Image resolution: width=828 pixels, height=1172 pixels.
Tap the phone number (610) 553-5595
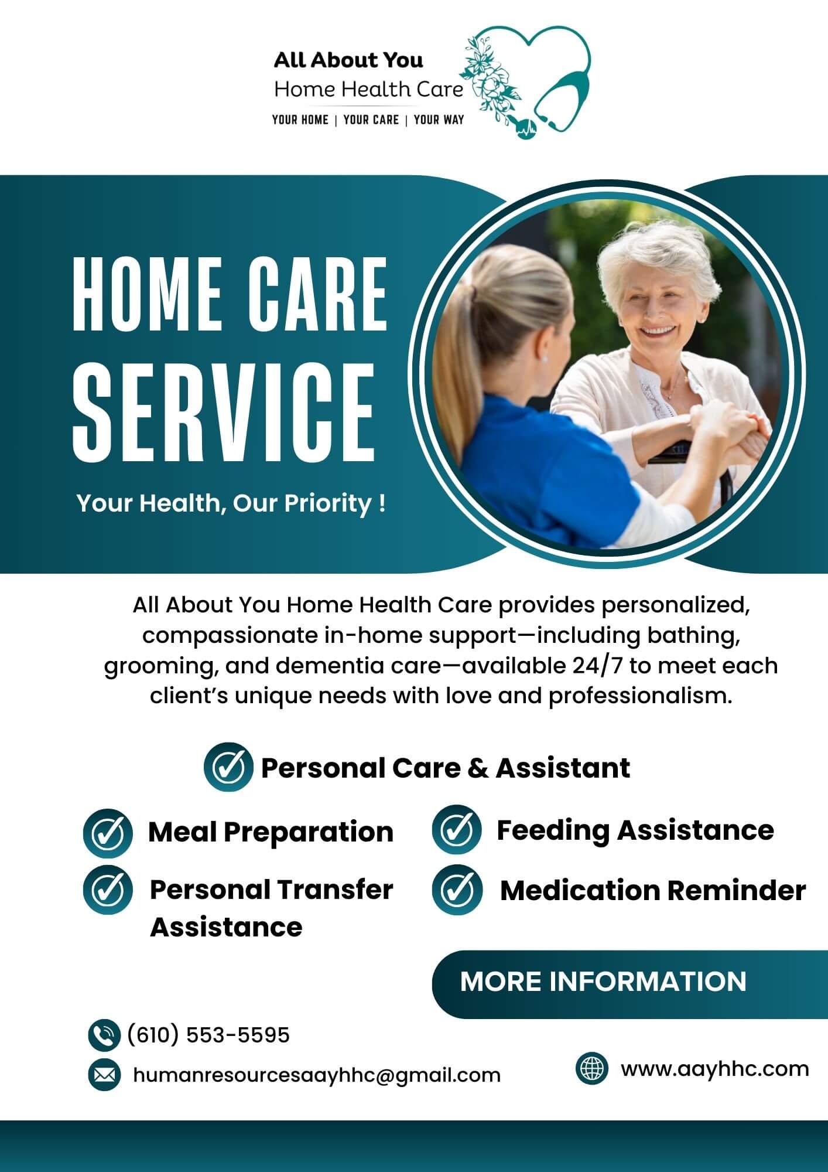click(x=208, y=1035)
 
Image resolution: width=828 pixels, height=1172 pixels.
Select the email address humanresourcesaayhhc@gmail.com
click(x=317, y=1075)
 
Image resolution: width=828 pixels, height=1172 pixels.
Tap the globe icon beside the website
click(x=592, y=1069)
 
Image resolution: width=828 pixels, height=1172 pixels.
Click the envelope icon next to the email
click(x=104, y=1075)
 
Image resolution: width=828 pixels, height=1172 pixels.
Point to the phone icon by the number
click(x=104, y=1035)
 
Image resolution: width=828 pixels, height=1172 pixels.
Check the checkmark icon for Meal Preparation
click(x=108, y=833)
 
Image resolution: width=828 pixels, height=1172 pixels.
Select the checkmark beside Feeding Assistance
click(x=457, y=830)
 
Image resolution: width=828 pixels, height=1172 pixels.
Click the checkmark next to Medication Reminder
click(x=457, y=890)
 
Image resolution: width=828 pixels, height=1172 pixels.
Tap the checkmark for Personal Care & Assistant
click(x=228, y=767)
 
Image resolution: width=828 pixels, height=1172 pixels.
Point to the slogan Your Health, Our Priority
click(x=231, y=503)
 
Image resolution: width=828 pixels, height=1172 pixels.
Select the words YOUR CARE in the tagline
click(x=371, y=120)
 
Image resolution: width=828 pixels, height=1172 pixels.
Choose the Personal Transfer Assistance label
click(x=271, y=908)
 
